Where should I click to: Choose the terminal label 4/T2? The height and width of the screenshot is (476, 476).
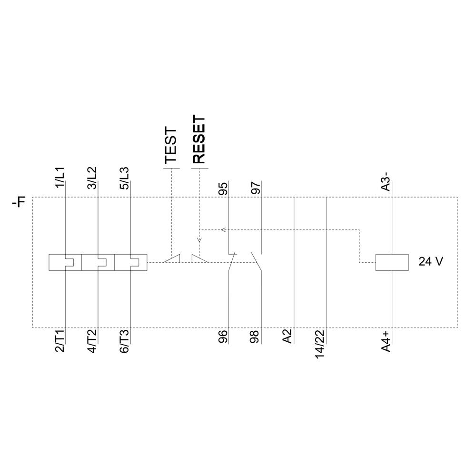(x=92, y=341)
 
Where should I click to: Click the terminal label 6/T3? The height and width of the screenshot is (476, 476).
(x=124, y=341)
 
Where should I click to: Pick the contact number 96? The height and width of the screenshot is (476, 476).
(x=223, y=337)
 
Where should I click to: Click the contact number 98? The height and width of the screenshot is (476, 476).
(x=256, y=337)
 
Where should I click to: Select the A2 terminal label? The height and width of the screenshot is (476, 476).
(x=288, y=337)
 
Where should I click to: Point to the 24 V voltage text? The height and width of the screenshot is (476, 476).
(x=431, y=262)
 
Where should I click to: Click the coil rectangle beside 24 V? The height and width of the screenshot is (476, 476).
(x=392, y=262)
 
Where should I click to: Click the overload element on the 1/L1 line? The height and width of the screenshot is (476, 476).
(x=65, y=262)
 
